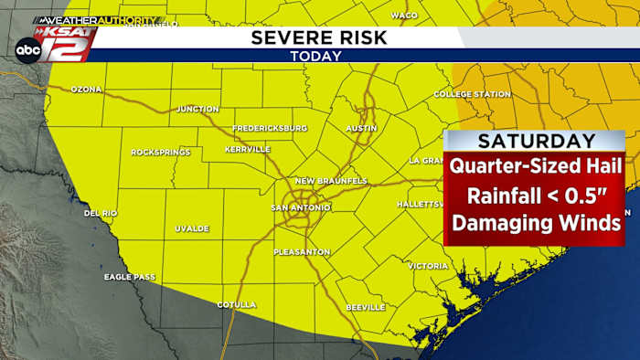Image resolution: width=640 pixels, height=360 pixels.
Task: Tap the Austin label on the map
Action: click(361, 128)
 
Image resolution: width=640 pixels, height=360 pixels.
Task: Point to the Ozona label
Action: click(87, 90)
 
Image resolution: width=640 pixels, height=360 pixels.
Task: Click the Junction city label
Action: click(197, 109)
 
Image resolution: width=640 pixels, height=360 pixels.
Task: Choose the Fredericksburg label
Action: click(270, 128)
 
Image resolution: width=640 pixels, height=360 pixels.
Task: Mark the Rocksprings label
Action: click(161, 152)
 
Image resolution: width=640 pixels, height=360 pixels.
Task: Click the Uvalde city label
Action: click(192, 228)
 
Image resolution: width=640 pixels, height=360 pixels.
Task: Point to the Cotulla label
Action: click(237, 304)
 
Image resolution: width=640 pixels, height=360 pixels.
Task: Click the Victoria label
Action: click(428, 266)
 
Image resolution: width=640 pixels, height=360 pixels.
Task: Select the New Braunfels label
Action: click(330, 181)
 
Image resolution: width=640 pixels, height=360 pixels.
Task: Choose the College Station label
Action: click(472, 94)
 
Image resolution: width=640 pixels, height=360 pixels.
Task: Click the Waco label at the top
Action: click(404, 16)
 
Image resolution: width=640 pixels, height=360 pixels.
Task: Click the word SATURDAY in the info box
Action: click(536, 142)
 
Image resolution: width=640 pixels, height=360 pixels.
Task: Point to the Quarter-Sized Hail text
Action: click(535, 167)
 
